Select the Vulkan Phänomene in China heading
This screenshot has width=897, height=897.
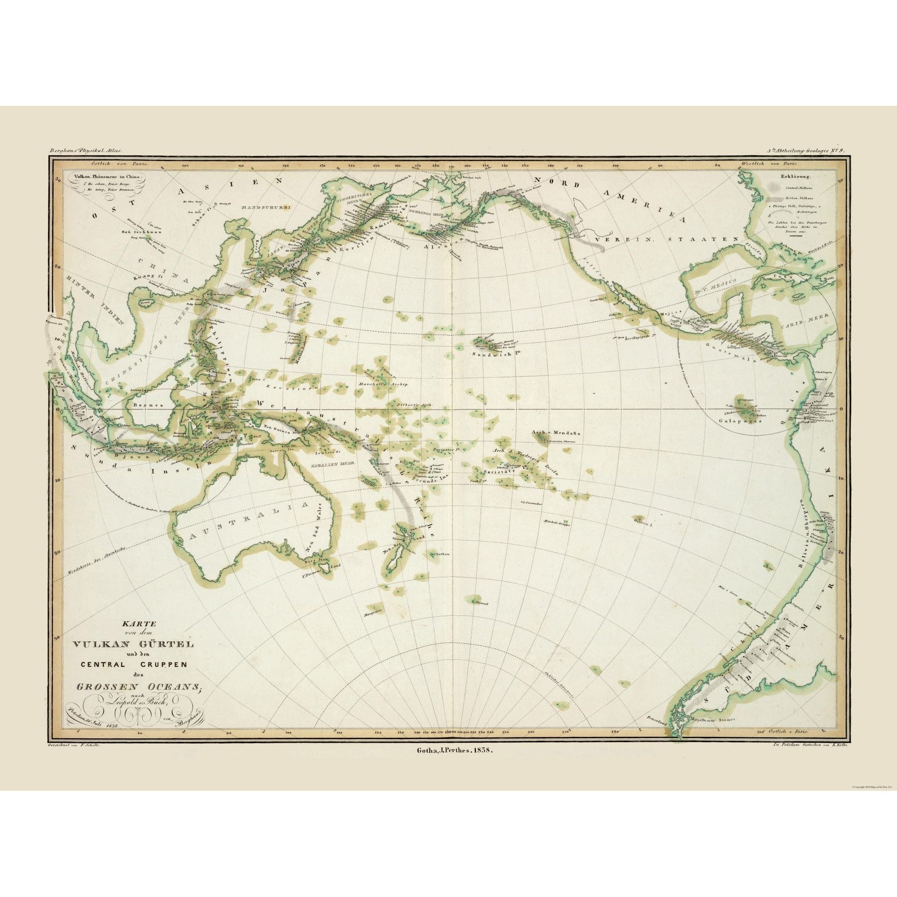(x=106, y=176)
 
